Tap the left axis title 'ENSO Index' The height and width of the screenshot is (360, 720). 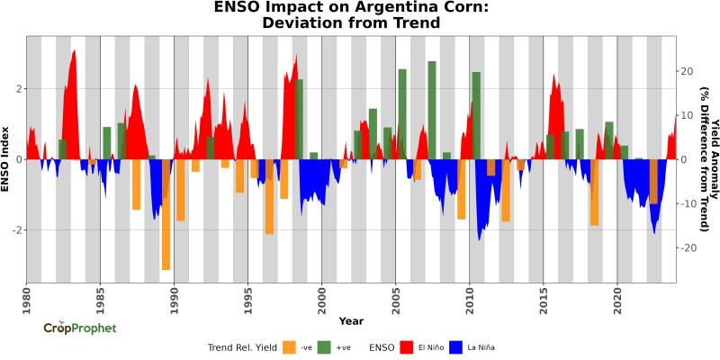click(6, 158)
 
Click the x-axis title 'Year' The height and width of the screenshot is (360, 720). click(351, 320)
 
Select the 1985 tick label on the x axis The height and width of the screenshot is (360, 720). click(100, 294)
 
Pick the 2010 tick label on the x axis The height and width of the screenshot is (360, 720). click(469, 294)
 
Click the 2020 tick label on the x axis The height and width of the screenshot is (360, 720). click(616, 294)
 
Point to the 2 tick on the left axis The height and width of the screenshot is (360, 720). click(18, 88)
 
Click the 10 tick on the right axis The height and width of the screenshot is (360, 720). click(688, 115)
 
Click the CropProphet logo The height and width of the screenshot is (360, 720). click(80, 328)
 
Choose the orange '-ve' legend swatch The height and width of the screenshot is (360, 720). click(289, 346)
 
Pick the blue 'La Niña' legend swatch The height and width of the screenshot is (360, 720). click(455, 346)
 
